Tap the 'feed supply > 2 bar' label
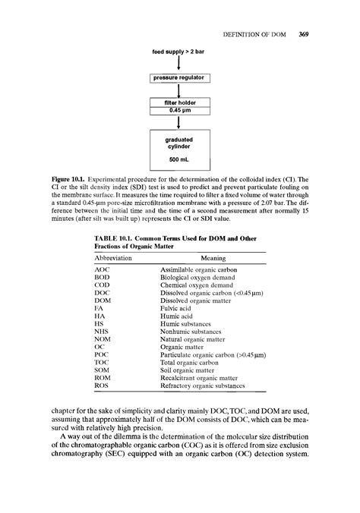coord(178,51)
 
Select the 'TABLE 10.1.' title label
coord(115,239)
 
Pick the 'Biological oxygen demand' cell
coord(200,279)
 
